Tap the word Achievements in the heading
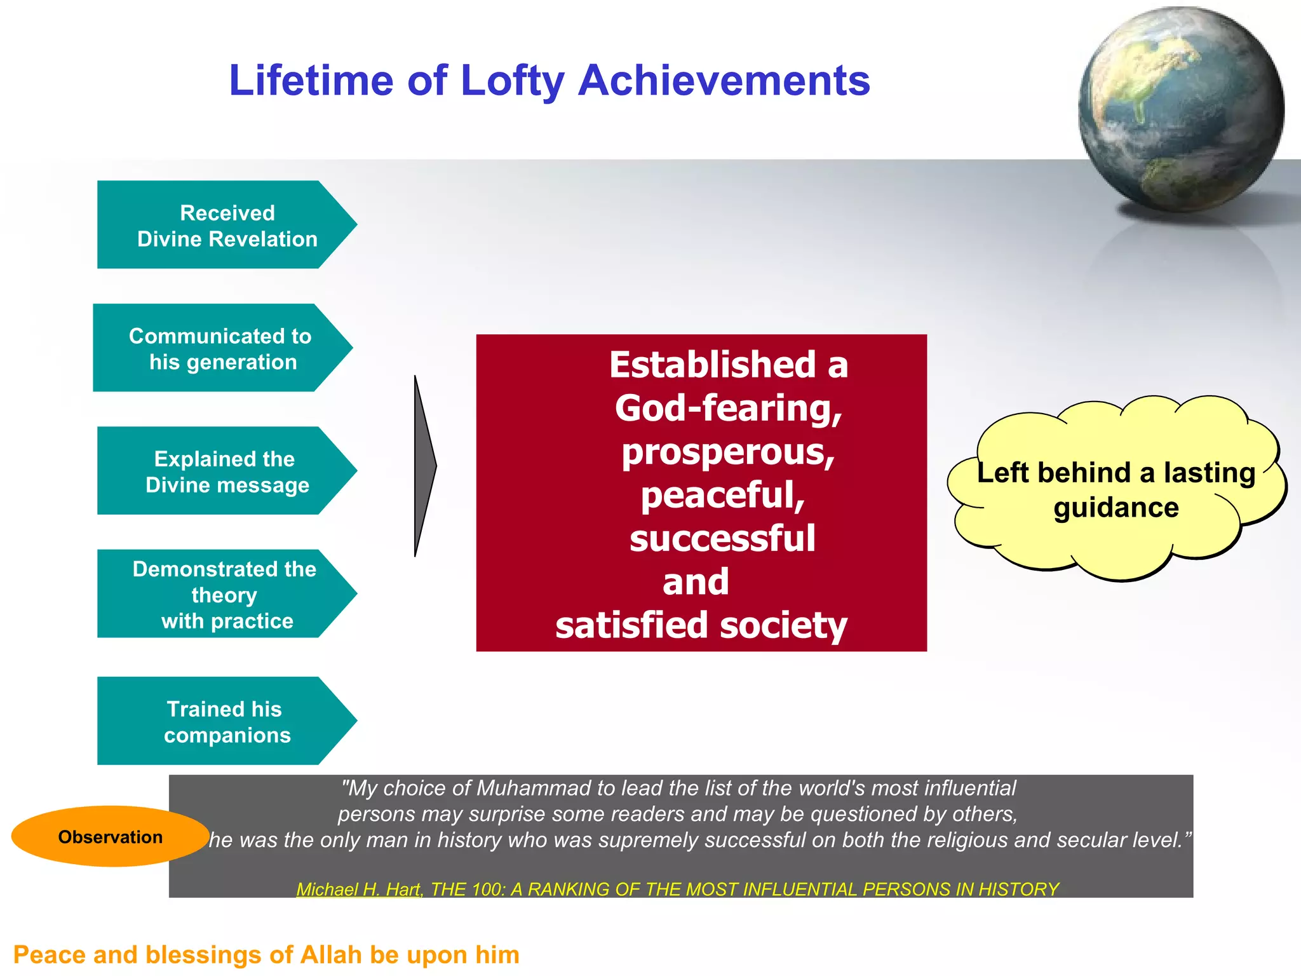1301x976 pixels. click(724, 81)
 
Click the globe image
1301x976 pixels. click(1180, 109)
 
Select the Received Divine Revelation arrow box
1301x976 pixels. click(226, 225)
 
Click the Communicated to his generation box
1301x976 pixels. click(221, 348)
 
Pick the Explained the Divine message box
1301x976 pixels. click(226, 471)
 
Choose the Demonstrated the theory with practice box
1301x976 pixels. click(225, 595)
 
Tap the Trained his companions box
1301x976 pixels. click(226, 721)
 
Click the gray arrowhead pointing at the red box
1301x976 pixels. click(423, 466)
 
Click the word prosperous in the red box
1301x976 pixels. click(728, 452)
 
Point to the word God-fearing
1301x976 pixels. click(728, 408)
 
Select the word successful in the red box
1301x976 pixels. click(722, 539)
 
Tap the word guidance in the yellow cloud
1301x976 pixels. click(1116, 508)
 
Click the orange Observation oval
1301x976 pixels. click(110, 837)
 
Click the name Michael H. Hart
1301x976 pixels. click(359, 890)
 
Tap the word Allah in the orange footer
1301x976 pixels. click(332, 955)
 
